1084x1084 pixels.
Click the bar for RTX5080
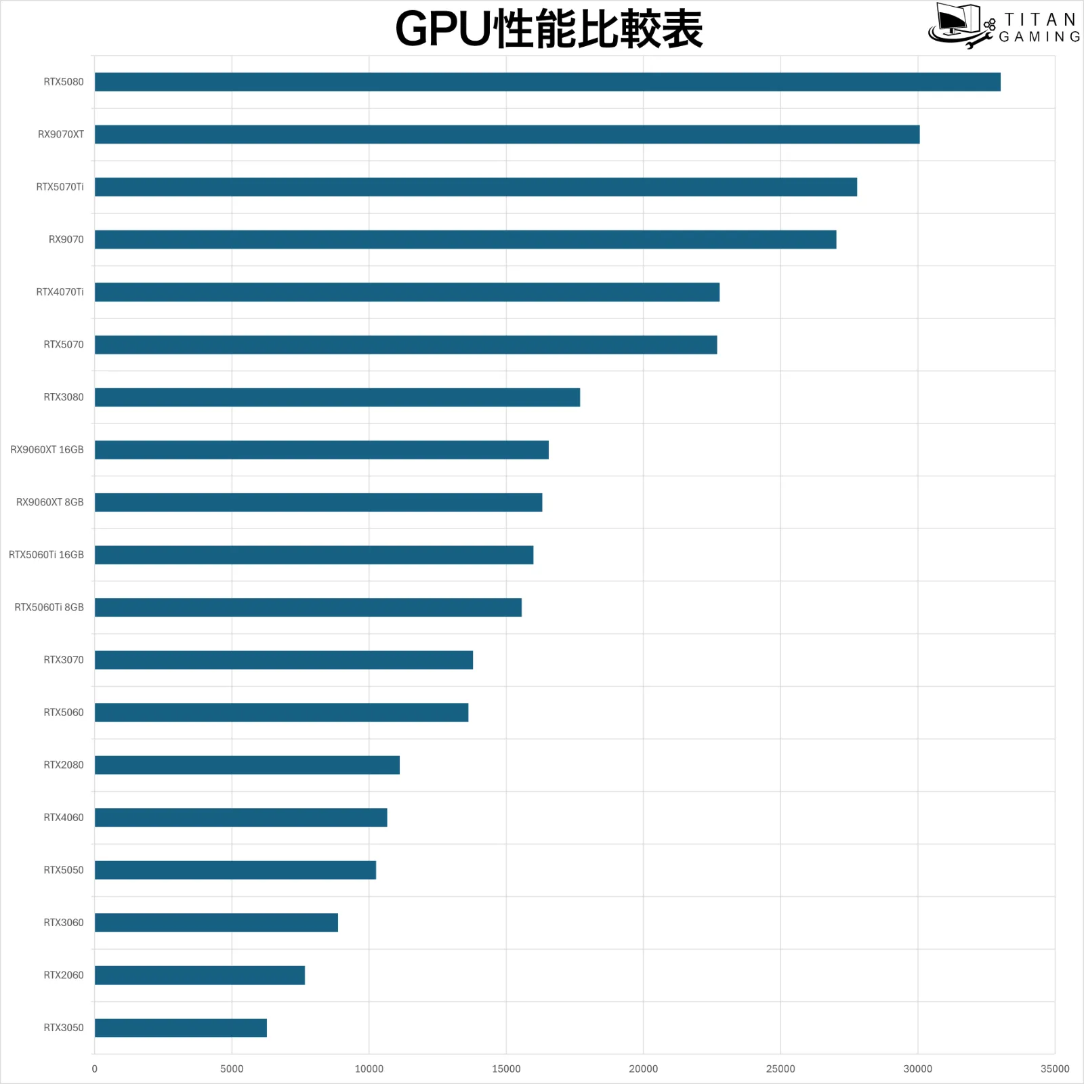pos(547,82)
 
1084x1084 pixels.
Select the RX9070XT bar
pos(507,134)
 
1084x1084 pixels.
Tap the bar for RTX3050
pos(181,1028)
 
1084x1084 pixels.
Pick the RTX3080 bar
pos(337,397)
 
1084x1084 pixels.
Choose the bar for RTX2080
pos(247,765)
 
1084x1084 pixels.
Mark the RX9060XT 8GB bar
pos(318,502)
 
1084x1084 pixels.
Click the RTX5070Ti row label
pos(60,187)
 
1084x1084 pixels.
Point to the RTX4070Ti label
pos(60,292)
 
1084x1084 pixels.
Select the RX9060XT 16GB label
pos(47,450)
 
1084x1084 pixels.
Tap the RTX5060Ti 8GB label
pos(49,607)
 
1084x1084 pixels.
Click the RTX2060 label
pos(64,975)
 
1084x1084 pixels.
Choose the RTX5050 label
pos(64,870)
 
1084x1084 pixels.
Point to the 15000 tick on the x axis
pos(506,1068)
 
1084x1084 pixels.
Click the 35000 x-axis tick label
pos(1055,1068)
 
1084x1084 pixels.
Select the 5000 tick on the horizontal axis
pos(232,1068)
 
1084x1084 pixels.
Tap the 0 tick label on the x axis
pos(94,1068)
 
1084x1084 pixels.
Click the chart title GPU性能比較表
pos(549,30)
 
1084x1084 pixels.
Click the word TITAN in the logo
pos(1040,20)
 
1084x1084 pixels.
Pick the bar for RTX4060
pos(241,818)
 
